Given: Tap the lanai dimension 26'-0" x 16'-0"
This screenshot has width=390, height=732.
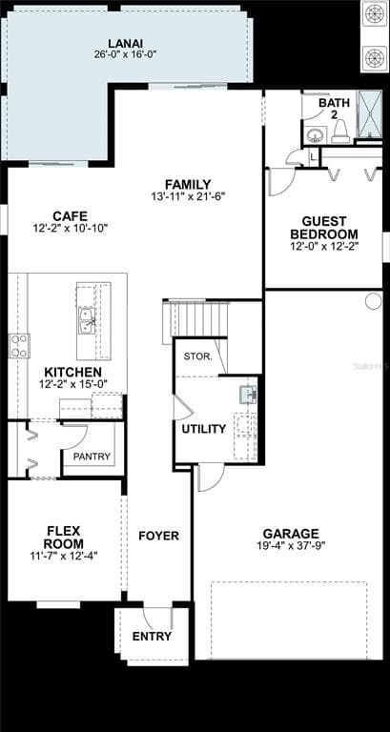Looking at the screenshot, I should [126, 54].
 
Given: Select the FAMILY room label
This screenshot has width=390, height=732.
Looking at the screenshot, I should [188, 184].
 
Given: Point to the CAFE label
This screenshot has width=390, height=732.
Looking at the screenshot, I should [71, 216].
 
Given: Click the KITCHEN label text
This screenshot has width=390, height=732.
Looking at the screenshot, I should [72, 372].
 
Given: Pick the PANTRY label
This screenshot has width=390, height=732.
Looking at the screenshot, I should [92, 457].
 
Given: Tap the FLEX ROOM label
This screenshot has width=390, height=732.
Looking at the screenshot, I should [64, 538].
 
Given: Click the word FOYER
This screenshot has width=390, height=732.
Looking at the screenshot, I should [158, 536].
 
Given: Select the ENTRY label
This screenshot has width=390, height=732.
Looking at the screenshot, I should [152, 637].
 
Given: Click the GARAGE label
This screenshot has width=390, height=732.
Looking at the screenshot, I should [291, 534].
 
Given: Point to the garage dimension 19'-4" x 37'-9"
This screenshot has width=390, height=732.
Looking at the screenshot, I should [291, 546].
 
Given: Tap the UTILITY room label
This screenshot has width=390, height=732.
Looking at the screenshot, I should [204, 429].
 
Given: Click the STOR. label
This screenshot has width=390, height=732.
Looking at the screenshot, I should [197, 356].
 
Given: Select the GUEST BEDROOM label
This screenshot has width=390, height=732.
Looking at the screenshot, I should [324, 227].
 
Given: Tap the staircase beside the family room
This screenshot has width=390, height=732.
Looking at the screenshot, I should [198, 318].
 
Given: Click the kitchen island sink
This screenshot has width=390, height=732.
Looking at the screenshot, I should [86, 319].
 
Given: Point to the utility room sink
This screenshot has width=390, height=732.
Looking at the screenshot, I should [247, 393].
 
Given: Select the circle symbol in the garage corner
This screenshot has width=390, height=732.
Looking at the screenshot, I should [373, 300].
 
